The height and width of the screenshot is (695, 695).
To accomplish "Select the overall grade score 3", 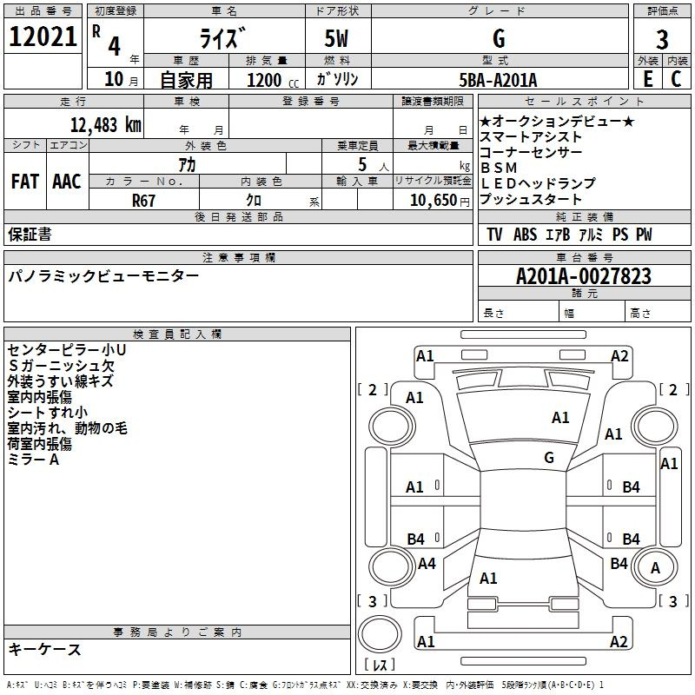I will pyautogui.click(x=662, y=39).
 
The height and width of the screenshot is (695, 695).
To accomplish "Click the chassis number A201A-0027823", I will pyautogui.click(x=583, y=276).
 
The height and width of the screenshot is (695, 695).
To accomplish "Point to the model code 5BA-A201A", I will pyautogui.click(x=498, y=80).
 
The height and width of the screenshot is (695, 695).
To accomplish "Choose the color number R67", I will pyautogui.click(x=144, y=200).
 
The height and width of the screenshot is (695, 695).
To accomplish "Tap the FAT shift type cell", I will pyautogui.click(x=24, y=182).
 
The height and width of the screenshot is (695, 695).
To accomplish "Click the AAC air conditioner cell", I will pyautogui.click(x=67, y=182).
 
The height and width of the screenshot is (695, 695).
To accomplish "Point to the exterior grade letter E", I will pyautogui.click(x=647, y=79).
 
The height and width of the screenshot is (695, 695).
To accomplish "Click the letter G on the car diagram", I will pyautogui.click(x=549, y=458).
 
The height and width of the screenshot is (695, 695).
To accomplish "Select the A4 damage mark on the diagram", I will pyautogui.click(x=427, y=564).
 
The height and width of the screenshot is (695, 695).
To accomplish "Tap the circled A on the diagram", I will pyautogui.click(x=656, y=568).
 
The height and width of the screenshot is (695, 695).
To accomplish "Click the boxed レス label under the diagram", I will pyautogui.click(x=381, y=665).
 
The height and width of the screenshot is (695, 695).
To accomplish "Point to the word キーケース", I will pyautogui.click(x=44, y=649).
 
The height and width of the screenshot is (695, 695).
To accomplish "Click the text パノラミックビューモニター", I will pyautogui.click(x=103, y=276).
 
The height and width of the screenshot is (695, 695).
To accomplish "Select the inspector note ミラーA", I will pyautogui.click(x=34, y=459).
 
